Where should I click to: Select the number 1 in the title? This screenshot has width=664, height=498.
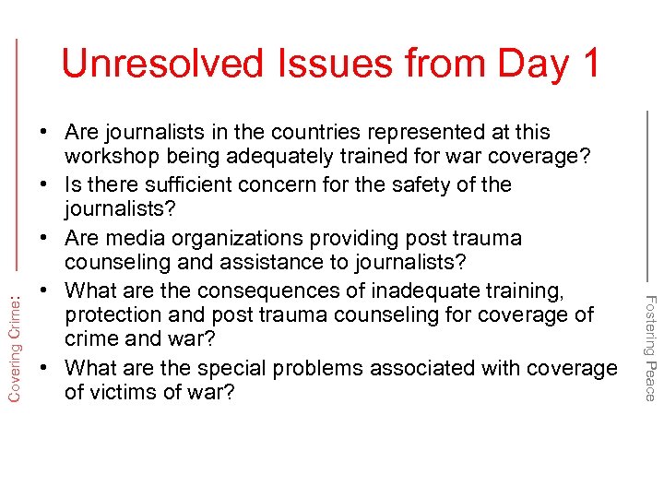(x=587, y=63)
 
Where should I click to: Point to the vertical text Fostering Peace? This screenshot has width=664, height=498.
(x=649, y=347)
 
